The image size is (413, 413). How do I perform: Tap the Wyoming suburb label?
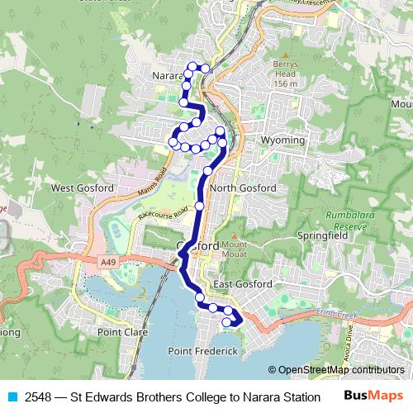[282, 141]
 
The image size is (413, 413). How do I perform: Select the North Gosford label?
[243, 188]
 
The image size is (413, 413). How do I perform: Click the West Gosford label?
[83, 188]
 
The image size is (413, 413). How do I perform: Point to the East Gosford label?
[242, 284]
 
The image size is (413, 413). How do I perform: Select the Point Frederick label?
[203, 352]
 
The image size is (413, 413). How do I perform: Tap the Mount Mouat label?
[234, 249]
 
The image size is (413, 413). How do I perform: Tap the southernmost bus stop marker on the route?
[227, 323]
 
